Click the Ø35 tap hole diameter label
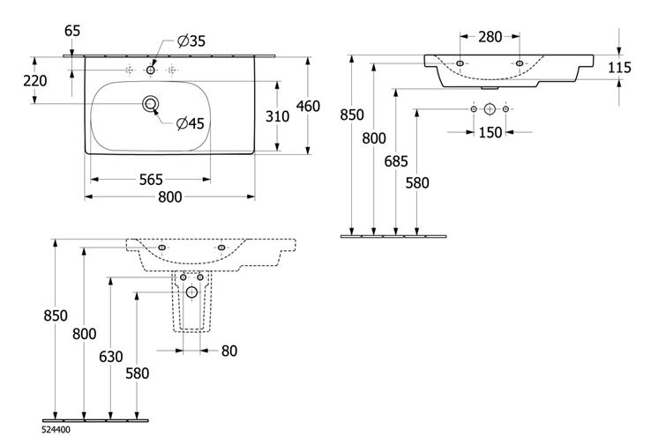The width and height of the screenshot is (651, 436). [191, 41]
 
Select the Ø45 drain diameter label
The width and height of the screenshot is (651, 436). [191, 123]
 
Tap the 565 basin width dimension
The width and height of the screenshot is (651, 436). [151, 180]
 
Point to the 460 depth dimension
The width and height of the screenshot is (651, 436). [308, 106]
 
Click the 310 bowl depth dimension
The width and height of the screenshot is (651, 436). [277, 116]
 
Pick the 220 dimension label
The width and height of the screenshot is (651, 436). [35, 80]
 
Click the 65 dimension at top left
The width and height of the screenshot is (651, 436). [72, 31]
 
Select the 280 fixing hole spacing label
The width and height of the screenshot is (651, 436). [490, 37]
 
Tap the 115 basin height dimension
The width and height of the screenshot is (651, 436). [619, 67]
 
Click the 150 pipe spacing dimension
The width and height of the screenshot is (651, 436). [490, 133]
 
